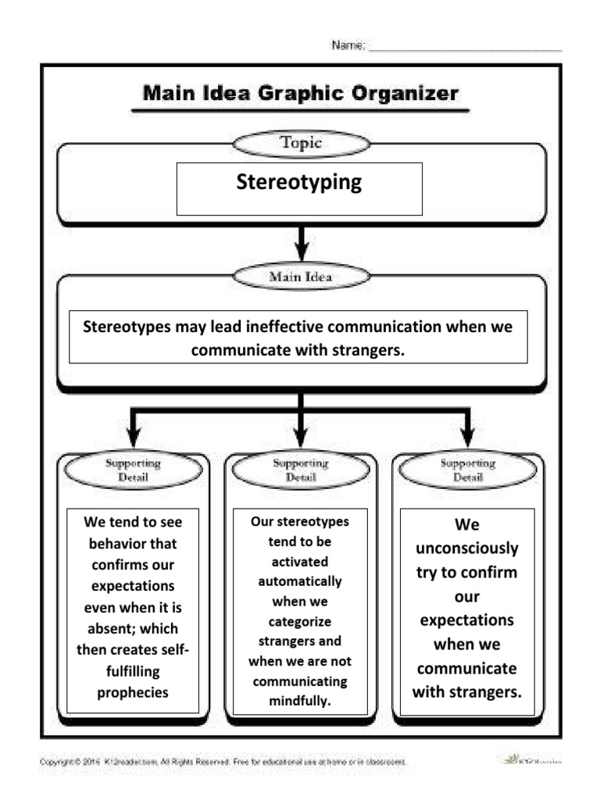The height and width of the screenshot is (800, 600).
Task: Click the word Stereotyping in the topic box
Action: point(299,182)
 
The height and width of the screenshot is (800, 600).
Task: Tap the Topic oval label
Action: point(301,143)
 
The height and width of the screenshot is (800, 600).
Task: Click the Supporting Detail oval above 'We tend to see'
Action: point(134,470)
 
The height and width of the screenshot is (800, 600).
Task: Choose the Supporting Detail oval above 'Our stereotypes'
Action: point(301,470)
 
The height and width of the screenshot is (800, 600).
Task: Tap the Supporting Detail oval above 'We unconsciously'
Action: point(468,470)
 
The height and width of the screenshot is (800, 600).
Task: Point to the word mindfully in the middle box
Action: point(301,701)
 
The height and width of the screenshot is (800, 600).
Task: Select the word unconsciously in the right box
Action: point(467,548)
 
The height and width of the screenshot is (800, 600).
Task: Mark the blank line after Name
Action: point(465,50)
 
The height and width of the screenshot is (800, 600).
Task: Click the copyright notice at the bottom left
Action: point(223,761)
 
